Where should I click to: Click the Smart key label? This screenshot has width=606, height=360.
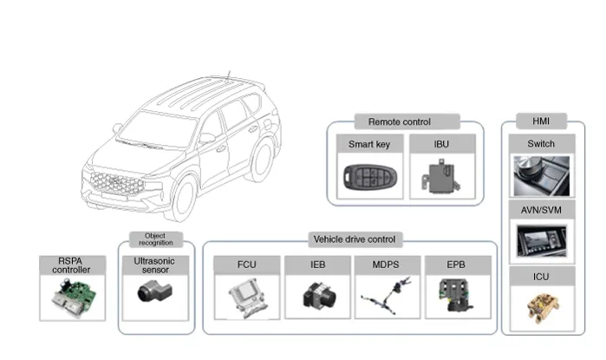pos(368,144)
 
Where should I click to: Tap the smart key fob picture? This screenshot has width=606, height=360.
pos(368,178)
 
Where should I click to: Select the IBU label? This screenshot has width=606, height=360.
pos(441,144)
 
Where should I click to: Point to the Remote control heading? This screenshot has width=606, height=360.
pos(399,122)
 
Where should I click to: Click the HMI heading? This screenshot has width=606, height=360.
pos(541,121)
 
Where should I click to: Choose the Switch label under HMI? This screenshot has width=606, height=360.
pos(541,143)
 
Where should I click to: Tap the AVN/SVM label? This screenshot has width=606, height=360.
pos(541,209)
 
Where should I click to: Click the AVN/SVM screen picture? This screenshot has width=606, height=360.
pos(541,239)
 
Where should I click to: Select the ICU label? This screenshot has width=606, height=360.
pos(541,276)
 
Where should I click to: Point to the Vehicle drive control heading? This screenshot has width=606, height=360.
pos(353,239)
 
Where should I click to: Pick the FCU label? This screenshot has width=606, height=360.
pos(246,265)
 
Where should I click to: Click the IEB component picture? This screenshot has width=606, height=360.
pos(317,296)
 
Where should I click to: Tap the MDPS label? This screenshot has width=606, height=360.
pos(388,265)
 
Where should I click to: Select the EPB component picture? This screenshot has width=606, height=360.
pos(457,295)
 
